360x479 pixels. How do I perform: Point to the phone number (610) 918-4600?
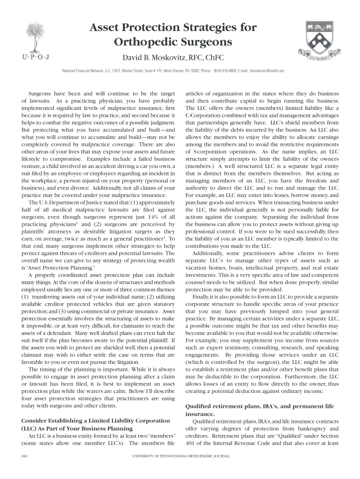[226, 71]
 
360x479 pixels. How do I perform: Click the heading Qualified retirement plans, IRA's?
[244, 406]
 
